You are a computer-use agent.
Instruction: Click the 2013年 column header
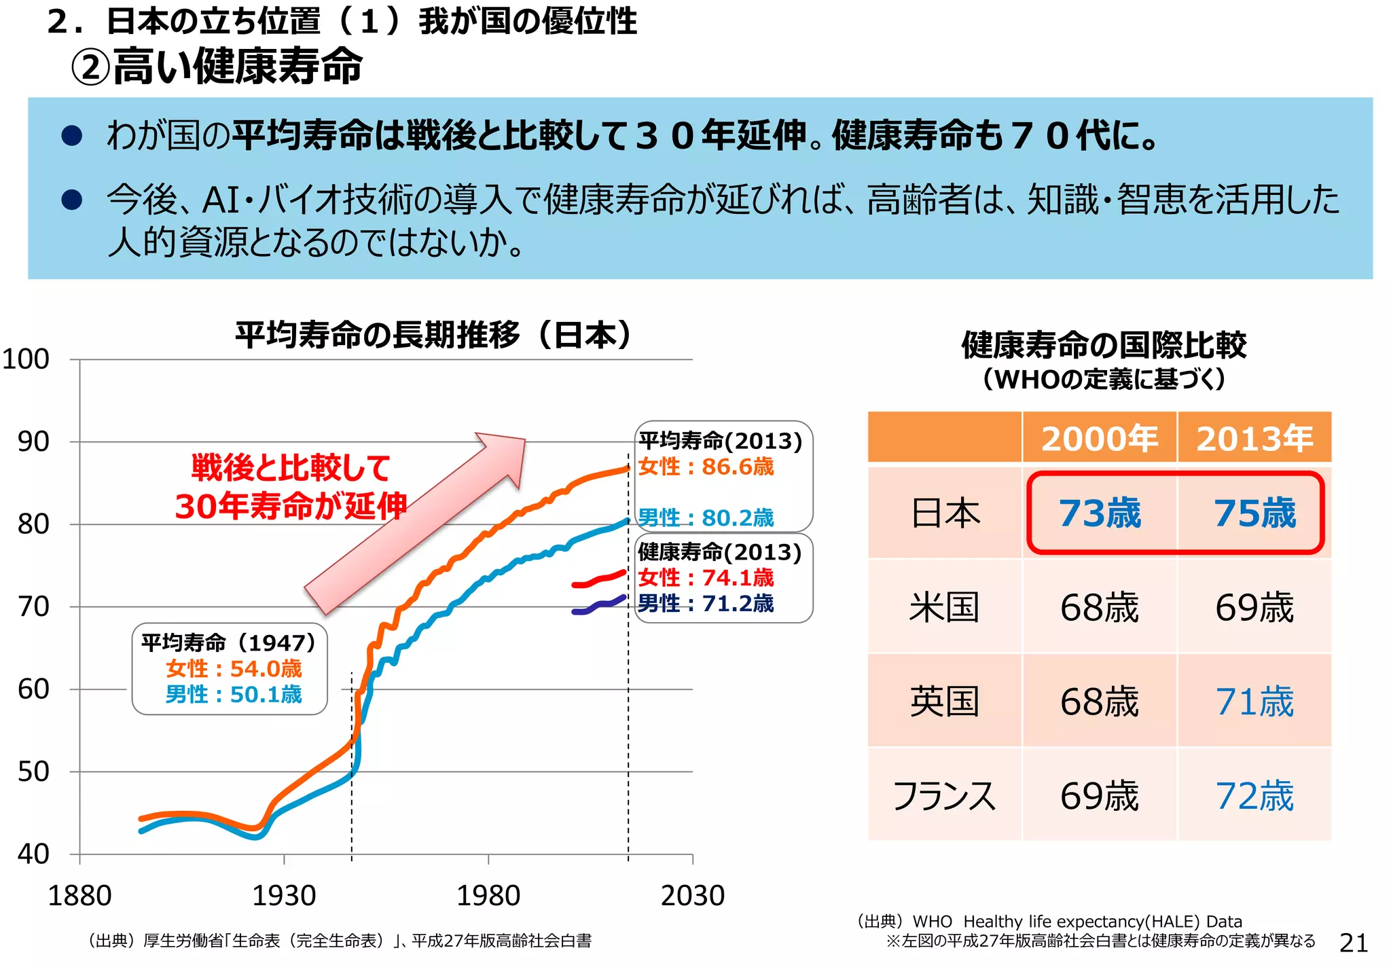[x=1254, y=438]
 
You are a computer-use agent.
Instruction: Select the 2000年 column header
[x=1099, y=438]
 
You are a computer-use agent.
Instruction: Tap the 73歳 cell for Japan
[x=1099, y=513]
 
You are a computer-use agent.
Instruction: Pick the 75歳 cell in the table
[x=1254, y=513]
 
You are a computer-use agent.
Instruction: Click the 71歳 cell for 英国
[x=1254, y=702]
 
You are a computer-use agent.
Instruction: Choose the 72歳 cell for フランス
[x=1254, y=796]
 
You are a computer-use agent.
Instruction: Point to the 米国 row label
[x=944, y=607]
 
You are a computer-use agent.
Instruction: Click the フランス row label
[x=944, y=796]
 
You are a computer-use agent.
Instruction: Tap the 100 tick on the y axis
[x=26, y=359]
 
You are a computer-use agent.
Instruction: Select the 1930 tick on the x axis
[x=284, y=896]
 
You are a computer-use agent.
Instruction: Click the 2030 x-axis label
[x=693, y=896]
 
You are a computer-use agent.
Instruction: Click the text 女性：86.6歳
[x=706, y=467]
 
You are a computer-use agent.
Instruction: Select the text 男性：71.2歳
[x=706, y=603]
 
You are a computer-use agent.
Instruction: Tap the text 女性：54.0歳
[x=234, y=669]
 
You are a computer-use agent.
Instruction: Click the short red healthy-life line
[x=598, y=579]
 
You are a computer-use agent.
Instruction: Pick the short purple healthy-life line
[x=598, y=606]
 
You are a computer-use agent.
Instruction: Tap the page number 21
[x=1353, y=943]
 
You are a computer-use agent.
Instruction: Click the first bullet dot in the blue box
[x=72, y=135]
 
